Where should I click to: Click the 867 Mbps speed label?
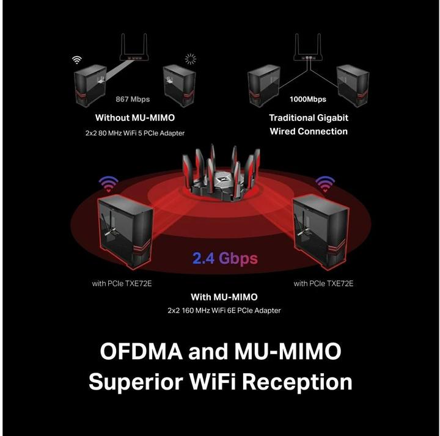coord(133,99)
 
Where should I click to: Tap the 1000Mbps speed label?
coord(308,99)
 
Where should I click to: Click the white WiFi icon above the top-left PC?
coord(77,60)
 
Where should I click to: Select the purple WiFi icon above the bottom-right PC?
coord(325,183)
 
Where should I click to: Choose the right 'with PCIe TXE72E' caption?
coord(323,283)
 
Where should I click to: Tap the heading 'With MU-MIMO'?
coord(224,297)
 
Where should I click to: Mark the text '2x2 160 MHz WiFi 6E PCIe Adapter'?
coord(224,311)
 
